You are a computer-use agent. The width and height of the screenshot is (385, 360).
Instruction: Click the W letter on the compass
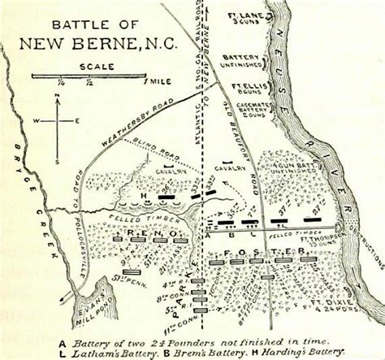(37, 121)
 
